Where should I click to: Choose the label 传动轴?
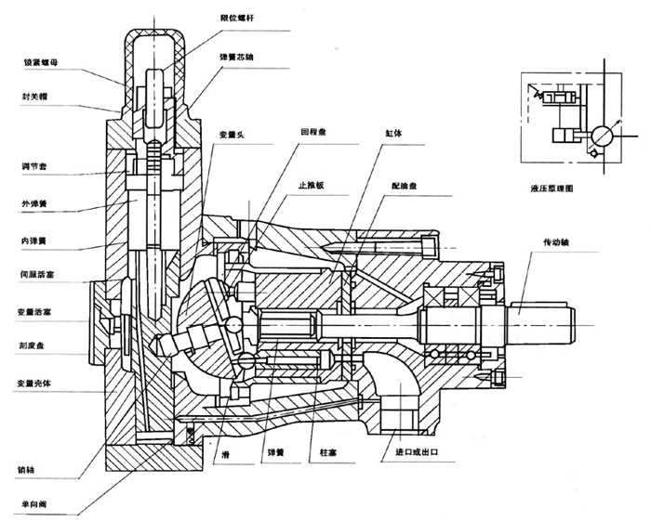[x=558, y=241]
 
